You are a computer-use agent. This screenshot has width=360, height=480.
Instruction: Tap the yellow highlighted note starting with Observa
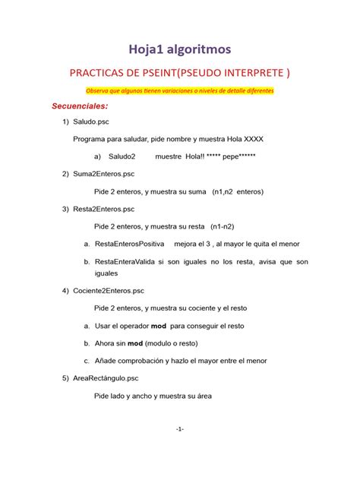[179, 90]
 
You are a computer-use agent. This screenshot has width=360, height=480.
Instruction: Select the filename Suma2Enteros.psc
[103, 174]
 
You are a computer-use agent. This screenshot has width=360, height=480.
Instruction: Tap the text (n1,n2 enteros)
[238, 192]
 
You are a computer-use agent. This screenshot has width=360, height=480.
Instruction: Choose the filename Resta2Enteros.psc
[104, 209]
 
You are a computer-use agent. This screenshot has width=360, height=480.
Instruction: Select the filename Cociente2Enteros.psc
[108, 291]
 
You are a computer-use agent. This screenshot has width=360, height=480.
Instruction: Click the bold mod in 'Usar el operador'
[158, 325]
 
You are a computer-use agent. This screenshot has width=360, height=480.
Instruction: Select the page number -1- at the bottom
[179, 430]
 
